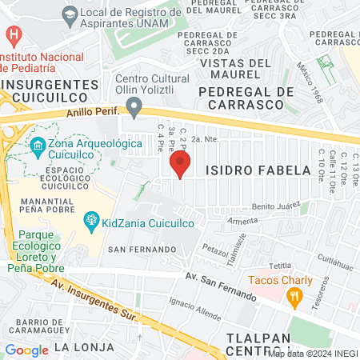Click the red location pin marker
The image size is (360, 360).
click(x=180, y=166)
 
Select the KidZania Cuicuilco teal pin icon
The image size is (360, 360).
click(x=91, y=219)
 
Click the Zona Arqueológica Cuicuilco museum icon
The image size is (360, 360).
click(x=37, y=146)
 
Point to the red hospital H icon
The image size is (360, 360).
click(x=14, y=35)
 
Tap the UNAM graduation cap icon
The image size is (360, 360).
click(x=70, y=14)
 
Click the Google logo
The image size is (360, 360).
click(x=26, y=350)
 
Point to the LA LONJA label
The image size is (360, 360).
click(x=79, y=348)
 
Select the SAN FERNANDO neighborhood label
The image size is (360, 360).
click(x=142, y=250)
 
